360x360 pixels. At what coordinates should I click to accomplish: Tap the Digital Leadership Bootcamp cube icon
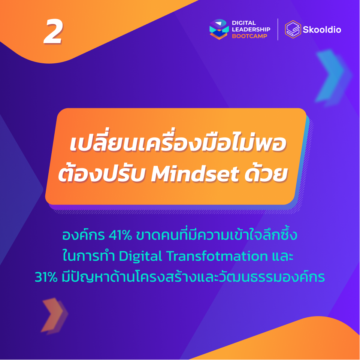218,29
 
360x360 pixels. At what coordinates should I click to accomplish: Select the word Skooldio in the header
322,30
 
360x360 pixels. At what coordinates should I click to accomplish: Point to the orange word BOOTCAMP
249,36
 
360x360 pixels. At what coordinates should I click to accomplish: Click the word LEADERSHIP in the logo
251,30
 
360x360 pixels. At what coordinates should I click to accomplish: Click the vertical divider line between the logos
278,29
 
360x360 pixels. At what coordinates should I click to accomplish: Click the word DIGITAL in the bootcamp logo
244,23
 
